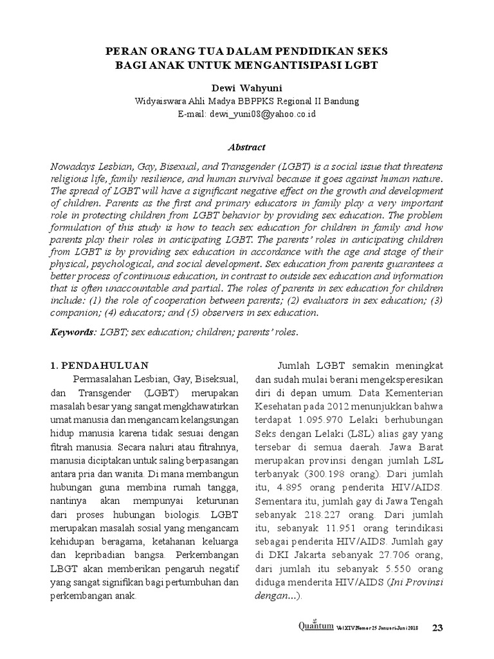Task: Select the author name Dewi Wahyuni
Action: click(248, 88)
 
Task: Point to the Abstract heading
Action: click(247, 147)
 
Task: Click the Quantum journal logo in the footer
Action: click(315, 626)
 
